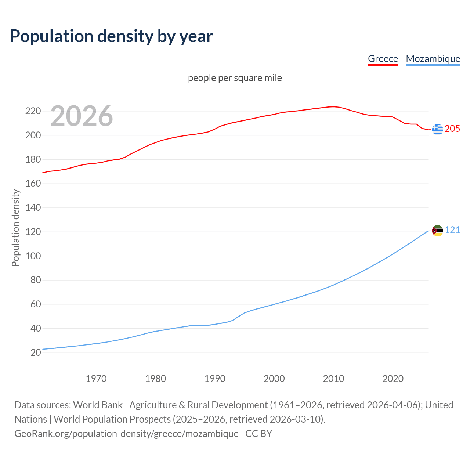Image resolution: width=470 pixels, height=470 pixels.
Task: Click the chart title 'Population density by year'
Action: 111,36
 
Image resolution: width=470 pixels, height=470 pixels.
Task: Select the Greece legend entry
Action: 383,59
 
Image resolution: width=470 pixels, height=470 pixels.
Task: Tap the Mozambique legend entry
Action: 433,59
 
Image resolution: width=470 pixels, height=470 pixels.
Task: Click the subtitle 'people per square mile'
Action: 235,78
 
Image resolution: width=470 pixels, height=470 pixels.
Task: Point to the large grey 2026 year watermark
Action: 82,116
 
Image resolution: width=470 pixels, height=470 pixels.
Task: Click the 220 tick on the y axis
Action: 33,111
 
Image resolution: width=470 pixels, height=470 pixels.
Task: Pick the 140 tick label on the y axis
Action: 33,207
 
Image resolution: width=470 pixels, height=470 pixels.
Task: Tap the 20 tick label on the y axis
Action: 36,352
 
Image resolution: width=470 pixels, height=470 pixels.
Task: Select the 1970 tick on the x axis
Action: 96,378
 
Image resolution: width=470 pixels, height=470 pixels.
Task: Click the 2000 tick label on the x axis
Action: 274,378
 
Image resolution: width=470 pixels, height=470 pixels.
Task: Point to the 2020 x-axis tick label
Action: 393,378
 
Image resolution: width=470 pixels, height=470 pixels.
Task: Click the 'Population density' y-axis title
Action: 15,228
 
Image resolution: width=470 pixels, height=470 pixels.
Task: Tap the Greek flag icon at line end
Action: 437,129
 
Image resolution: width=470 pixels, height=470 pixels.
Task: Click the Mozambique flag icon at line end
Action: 437,231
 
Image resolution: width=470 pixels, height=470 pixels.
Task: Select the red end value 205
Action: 452,129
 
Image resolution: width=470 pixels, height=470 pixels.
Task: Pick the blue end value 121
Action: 452,230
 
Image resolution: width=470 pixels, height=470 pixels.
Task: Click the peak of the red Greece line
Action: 333,107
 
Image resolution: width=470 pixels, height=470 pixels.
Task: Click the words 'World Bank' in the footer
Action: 98,405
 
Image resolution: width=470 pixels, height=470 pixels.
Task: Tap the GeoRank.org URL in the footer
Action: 126,433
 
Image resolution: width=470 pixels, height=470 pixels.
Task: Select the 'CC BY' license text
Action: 258,433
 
